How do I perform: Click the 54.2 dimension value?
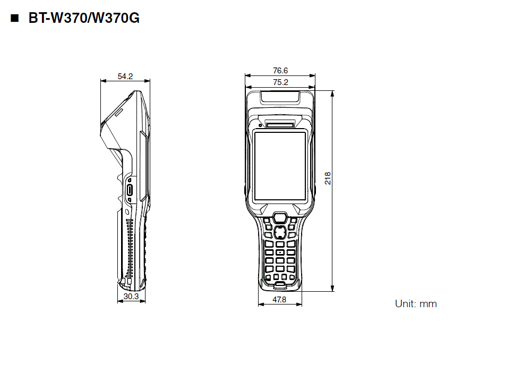(125, 77)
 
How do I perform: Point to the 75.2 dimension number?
(280, 82)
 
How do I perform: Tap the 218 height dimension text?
(328, 178)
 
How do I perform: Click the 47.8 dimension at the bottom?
(279, 300)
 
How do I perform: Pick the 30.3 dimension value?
(131, 297)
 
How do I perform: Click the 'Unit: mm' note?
(416, 304)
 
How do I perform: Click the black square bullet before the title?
(14, 19)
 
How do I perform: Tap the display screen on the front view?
(280, 166)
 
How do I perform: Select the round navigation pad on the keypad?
(279, 231)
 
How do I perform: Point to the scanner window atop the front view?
(280, 97)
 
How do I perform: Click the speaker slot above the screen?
(279, 124)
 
